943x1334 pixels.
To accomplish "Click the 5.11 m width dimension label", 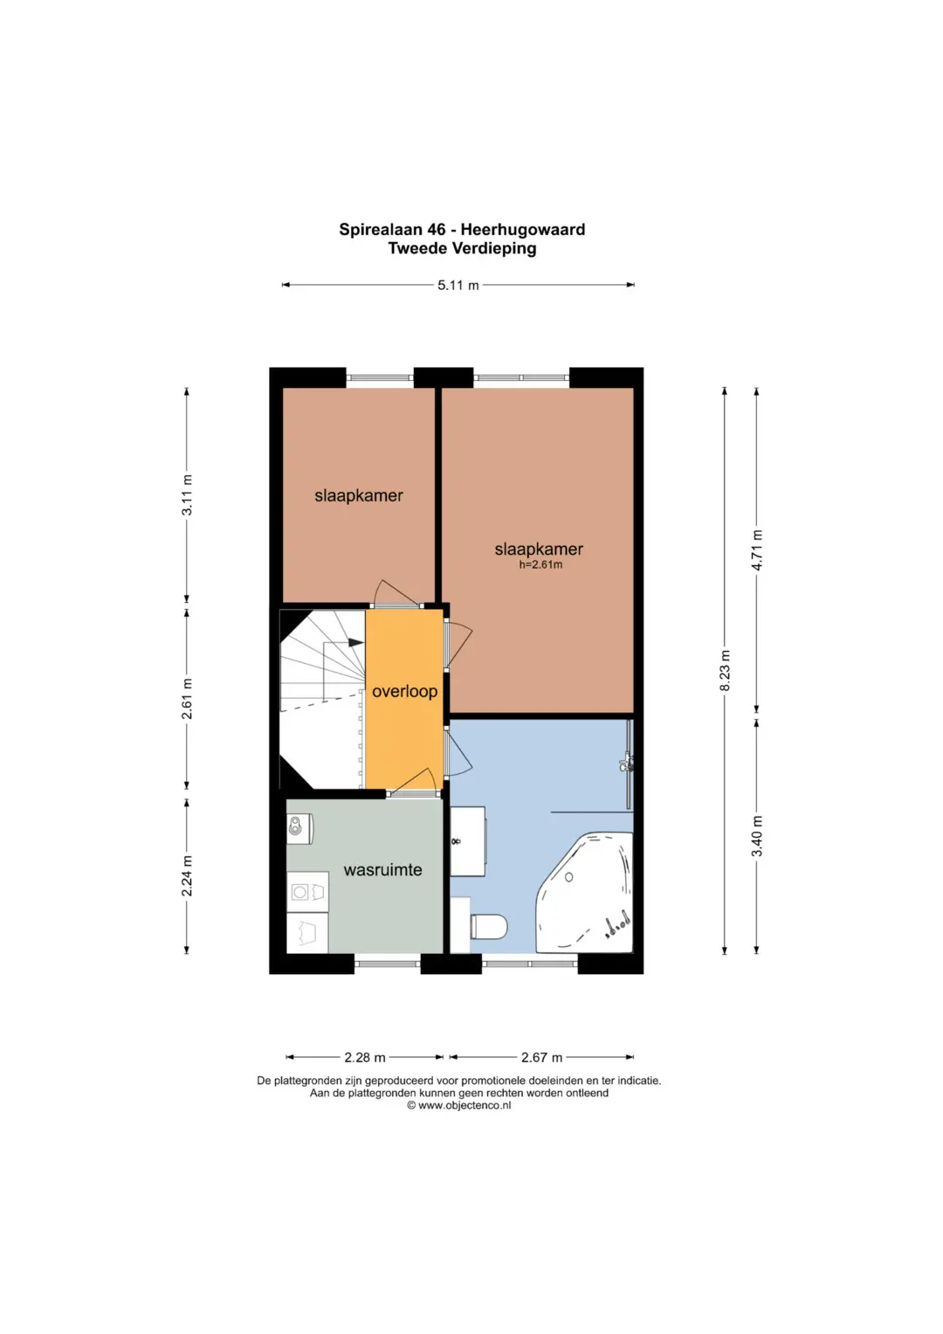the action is (x=458, y=286).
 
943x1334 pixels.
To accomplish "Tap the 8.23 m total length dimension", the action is (x=725, y=671).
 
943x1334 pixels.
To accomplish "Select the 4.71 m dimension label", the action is (x=757, y=549).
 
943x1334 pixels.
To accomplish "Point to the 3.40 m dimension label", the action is (x=757, y=835).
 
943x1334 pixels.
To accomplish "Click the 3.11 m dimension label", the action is (x=187, y=494).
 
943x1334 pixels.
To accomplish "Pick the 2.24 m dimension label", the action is (x=187, y=875).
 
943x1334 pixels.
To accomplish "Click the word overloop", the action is (x=405, y=691).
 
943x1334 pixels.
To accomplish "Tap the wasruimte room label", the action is (x=382, y=869).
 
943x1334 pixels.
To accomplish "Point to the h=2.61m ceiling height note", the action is (x=540, y=564).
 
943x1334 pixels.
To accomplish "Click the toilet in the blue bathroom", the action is (x=488, y=927).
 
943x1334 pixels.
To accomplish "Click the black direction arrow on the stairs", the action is (x=356, y=643).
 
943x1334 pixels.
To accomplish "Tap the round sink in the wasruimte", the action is (x=295, y=826).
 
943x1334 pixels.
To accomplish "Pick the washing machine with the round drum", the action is (x=307, y=891).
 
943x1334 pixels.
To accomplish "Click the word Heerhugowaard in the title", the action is (x=523, y=229).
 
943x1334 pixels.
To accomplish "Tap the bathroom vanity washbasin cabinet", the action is (x=468, y=841).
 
